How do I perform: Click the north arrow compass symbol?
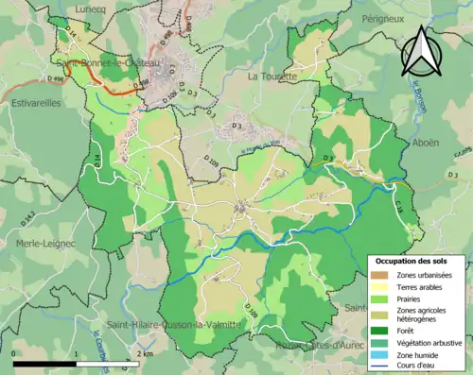(422, 51)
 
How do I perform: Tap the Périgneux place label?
(389, 18)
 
